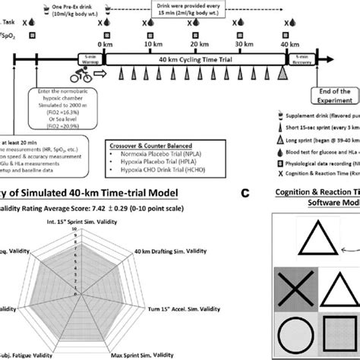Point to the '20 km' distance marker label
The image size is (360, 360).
(x=196, y=48)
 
